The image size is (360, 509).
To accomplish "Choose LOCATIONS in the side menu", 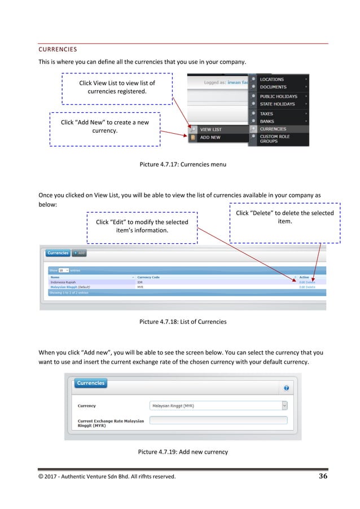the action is point(272,80).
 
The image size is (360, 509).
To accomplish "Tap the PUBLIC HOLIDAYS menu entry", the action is point(278,96).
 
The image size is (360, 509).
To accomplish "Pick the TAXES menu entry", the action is point(267,114).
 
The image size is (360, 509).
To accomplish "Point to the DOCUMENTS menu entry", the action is point(273,87).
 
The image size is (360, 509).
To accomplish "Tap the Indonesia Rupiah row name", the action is point(63,282).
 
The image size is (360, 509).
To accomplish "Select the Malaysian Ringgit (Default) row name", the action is point(71,287).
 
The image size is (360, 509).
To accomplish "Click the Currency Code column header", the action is point(148,277).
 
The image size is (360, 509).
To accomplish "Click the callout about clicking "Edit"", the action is point(142,226).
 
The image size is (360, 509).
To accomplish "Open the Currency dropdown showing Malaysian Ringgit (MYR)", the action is point(219,405).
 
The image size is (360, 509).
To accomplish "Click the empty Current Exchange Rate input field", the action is point(219,420).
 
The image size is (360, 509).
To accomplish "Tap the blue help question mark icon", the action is point(286,388).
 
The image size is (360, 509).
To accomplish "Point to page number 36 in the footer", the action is point(323,476).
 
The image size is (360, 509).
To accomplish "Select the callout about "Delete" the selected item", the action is point(284,217).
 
